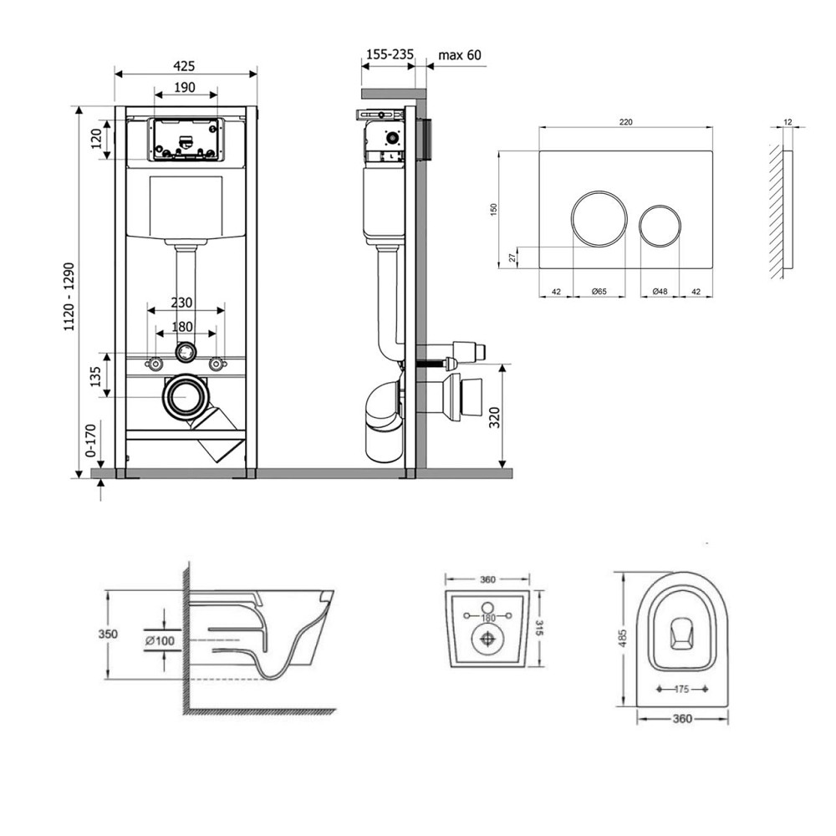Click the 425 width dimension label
185,66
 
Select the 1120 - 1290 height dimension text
69,297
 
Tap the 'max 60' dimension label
460,55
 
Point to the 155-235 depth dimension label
390,54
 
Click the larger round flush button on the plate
599,218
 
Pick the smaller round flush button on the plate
660,225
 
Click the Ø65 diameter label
599,292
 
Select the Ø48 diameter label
660,292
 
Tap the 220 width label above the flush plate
626,122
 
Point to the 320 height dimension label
495,417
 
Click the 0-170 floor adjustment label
90,441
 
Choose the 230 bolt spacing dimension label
181,303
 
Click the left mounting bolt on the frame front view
155,364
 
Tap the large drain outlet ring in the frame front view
185,396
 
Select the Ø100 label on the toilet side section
160,640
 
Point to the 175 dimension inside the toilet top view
682,690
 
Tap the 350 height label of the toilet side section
108,634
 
